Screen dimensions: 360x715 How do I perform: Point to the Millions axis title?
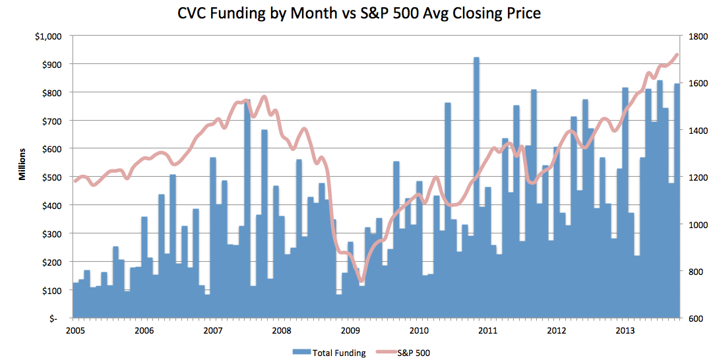coord(22,164)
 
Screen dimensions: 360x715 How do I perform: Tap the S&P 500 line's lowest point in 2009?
coord(361,282)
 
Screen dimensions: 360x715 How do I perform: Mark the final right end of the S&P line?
coord(677,54)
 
